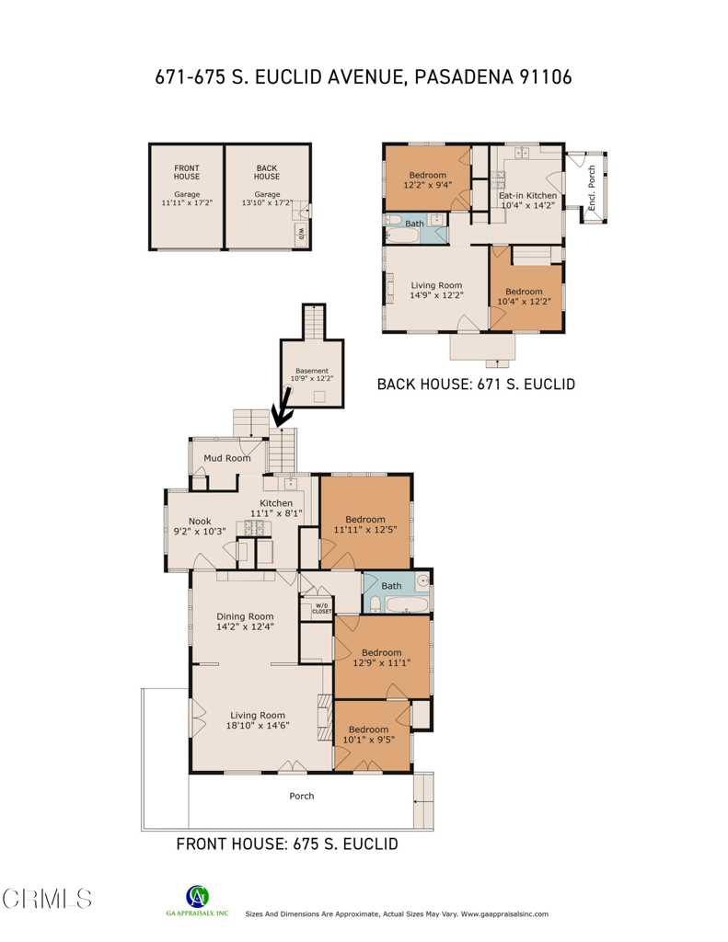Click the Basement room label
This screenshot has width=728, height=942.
pos(312,371)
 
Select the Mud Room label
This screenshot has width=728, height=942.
pos(227,458)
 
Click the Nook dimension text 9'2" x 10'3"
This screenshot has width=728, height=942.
pos(200,531)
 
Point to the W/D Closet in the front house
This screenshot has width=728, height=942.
pos(321,608)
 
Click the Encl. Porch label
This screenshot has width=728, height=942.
pos(592,188)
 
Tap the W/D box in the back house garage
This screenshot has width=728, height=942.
pos(301,235)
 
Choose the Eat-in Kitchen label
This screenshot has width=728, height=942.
pos(527,195)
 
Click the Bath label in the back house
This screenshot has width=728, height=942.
pos(414,224)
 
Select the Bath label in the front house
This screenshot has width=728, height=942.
pos(391,586)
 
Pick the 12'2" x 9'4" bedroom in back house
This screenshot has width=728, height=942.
pos(427,178)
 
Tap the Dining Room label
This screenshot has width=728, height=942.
pos(245,616)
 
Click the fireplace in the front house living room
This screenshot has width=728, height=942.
pos(325,718)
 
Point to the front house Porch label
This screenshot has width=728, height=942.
pos(302,796)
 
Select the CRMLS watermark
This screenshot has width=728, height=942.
pos(47,899)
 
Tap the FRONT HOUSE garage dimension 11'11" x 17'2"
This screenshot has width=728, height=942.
pos(187,203)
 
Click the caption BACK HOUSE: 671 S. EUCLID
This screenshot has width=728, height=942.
pos(476,384)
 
